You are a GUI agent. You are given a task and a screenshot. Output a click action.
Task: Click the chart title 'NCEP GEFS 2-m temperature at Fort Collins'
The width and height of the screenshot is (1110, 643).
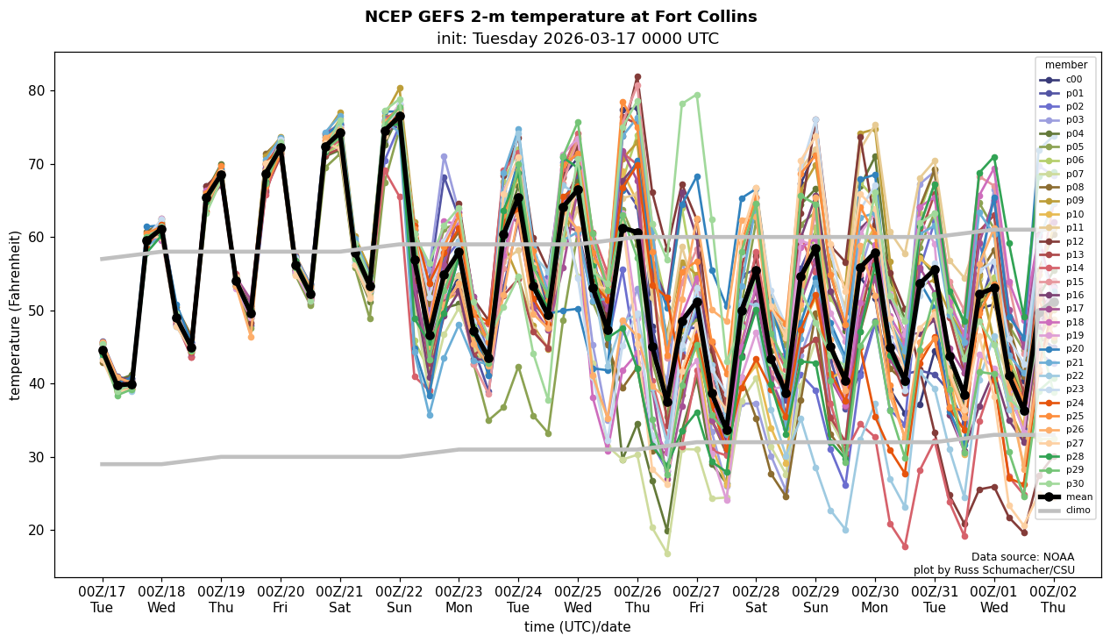pos(560,17)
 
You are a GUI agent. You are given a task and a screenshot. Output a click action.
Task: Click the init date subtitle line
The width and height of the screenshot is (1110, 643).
pos(577,39)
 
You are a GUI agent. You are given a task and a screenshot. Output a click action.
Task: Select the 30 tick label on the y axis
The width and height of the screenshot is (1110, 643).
pos(38,457)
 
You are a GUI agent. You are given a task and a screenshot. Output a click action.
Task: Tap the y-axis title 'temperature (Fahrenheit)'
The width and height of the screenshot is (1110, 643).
pos(15,315)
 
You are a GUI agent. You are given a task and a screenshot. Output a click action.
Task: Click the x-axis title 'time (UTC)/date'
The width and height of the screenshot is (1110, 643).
pos(577,627)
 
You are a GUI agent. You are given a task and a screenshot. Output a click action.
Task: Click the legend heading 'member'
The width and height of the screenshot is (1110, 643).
pos(1066,65)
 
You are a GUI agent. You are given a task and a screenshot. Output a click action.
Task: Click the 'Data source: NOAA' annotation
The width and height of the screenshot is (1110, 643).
pos(1022,557)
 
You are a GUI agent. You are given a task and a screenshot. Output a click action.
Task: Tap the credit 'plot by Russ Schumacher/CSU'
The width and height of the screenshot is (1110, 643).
pos(993,570)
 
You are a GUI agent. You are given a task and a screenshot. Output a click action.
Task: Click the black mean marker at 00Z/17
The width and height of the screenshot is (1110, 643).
pos(103,350)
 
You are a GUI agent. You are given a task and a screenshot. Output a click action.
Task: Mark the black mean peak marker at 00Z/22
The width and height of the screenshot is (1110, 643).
pos(400,116)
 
